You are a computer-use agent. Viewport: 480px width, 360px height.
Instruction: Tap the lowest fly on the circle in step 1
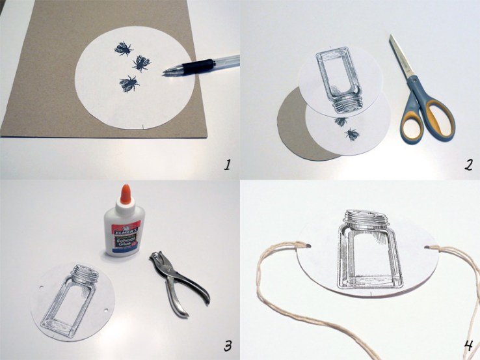128,83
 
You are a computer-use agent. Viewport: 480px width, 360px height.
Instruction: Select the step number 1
227,164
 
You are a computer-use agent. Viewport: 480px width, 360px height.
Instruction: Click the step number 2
466,164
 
